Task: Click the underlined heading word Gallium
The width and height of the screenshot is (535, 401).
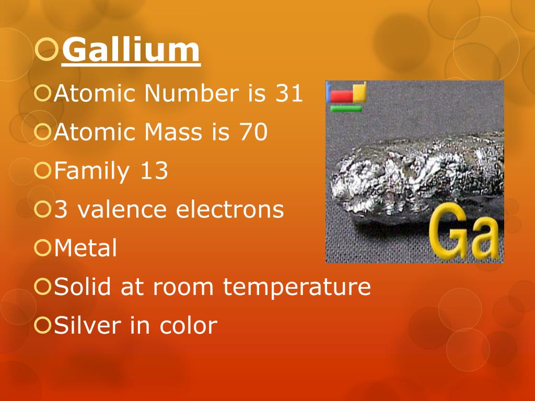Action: click(x=131, y=51)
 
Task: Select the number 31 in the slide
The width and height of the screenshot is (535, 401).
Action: click(x=287, y=94)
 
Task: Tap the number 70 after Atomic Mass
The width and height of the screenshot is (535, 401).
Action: click(x=253, y=133)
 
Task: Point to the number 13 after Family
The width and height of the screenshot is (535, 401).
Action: click(x=154, y=171)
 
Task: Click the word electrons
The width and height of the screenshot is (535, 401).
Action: click(x=230, y=210)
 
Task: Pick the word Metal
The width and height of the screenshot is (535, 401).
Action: click(x=86, y=249)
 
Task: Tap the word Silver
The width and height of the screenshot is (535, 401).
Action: click(x=88, y=326)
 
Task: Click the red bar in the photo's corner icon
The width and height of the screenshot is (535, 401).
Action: click(x=342, y=97)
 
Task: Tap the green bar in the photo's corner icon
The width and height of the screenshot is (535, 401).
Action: click(x=346, y=109)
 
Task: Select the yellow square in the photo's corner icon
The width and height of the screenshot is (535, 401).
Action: click(x=359, y=92)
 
